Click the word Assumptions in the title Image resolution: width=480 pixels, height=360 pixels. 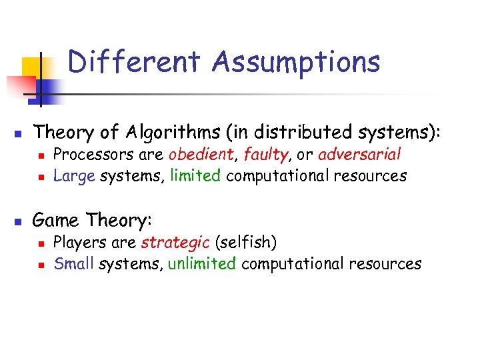(x=297, y=62)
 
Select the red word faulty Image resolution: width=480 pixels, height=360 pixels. (x=265, y=155)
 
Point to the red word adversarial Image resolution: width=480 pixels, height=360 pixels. (x=359, y=155)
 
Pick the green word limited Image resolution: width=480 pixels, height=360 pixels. (x=195, y=176)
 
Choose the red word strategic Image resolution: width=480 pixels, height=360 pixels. (x=175, y=242)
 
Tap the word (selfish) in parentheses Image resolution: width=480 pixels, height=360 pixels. (x=246, y=242)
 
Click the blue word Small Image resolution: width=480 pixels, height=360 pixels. (x=74, y=263)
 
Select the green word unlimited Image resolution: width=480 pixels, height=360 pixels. (x=202, y=263)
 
